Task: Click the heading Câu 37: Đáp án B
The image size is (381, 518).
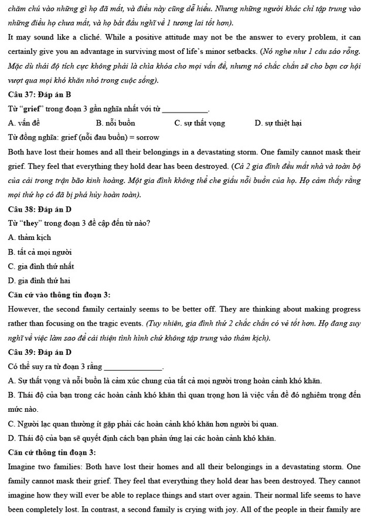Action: pos(39,94)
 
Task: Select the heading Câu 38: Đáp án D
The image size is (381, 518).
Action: pos(39,209)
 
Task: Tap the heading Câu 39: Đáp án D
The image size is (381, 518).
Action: pos(39,352)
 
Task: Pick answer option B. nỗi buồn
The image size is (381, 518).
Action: pos(115,123)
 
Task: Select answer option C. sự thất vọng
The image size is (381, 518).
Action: pos(199,123)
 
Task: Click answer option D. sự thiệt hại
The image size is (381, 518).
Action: pos(278,123)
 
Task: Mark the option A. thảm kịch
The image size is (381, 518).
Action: pos(29,238)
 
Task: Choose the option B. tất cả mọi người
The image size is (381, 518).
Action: pos(40,252)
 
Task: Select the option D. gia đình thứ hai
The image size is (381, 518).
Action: pos(39,280)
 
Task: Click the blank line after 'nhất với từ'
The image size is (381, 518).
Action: pos(185,110)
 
